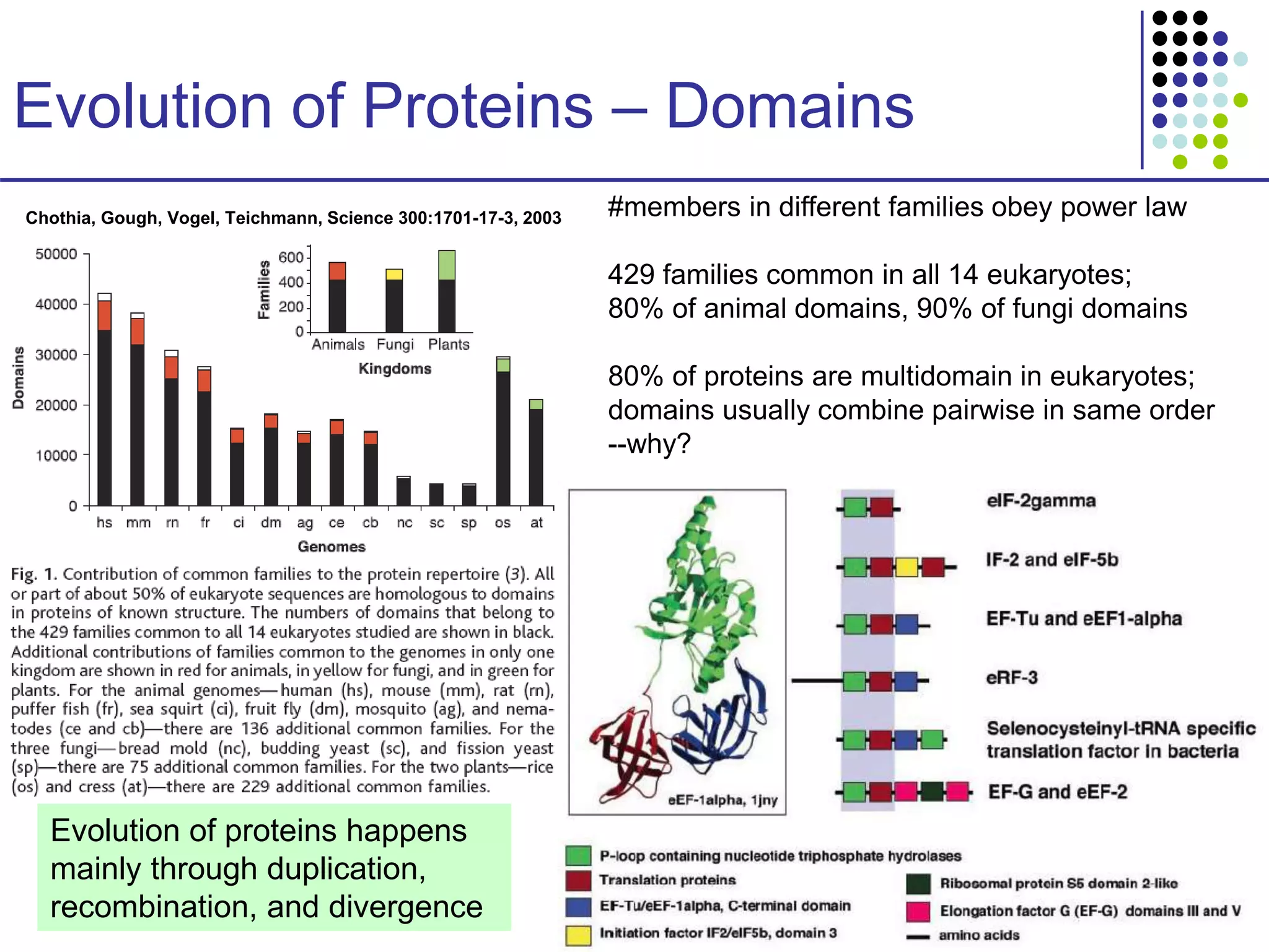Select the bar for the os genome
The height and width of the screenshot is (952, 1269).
point(503,434)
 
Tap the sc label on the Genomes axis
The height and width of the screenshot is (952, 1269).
point(437,522)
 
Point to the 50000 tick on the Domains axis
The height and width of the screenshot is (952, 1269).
point(56,254)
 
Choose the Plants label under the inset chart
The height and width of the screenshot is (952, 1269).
point(449,345)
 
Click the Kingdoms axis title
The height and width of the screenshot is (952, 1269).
point(395,369)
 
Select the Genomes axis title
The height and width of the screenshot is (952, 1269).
point(332,547)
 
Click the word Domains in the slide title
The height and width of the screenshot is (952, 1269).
point(789,107)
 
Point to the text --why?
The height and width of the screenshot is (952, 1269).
point(649,444)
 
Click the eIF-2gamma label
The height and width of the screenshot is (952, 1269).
point(1041,501)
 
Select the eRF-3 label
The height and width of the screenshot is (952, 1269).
point(1011,677)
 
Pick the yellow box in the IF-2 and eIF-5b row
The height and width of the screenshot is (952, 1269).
point(907,567)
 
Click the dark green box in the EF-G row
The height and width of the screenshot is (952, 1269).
point(931,792)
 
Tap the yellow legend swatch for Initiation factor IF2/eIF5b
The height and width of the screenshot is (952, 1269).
point(578,935)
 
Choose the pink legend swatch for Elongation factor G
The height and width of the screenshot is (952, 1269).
point(918,912)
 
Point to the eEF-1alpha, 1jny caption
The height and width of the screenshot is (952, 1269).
point(722,800)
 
